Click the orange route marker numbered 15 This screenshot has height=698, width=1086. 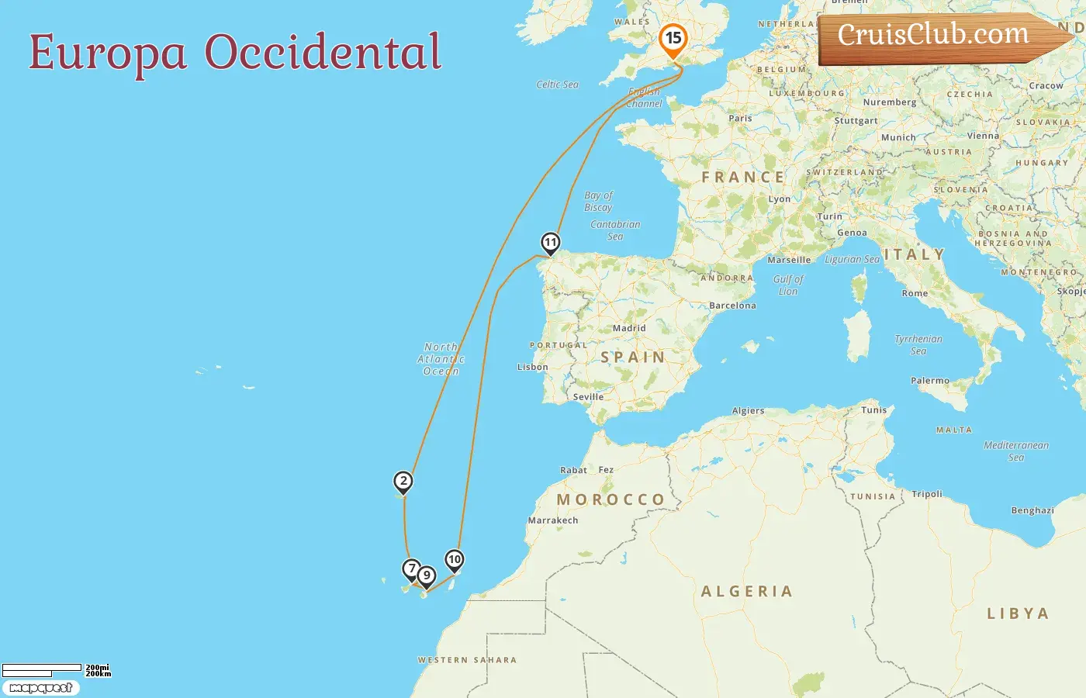673,38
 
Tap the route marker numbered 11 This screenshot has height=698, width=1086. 550,243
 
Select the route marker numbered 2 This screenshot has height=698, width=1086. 403,482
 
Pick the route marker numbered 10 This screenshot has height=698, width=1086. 454,560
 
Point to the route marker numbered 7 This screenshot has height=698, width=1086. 412,569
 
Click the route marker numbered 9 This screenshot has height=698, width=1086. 426,576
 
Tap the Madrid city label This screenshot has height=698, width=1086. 629,328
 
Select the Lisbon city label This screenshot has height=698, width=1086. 533,367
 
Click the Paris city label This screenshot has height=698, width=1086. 740,119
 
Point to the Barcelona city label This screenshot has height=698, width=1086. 732,306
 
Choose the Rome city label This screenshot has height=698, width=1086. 915,293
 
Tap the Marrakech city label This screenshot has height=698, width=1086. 553,520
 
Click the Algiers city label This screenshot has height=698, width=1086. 748,411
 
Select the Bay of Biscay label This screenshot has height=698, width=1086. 598,202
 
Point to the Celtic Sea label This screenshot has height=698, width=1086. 557,85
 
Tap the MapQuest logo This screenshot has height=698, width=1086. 41,688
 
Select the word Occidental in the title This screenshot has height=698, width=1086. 323,53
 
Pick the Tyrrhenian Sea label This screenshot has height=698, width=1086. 918,345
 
